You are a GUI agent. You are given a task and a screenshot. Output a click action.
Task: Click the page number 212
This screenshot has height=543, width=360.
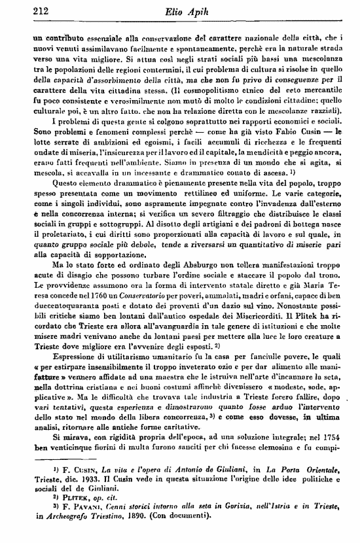(25, 9)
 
